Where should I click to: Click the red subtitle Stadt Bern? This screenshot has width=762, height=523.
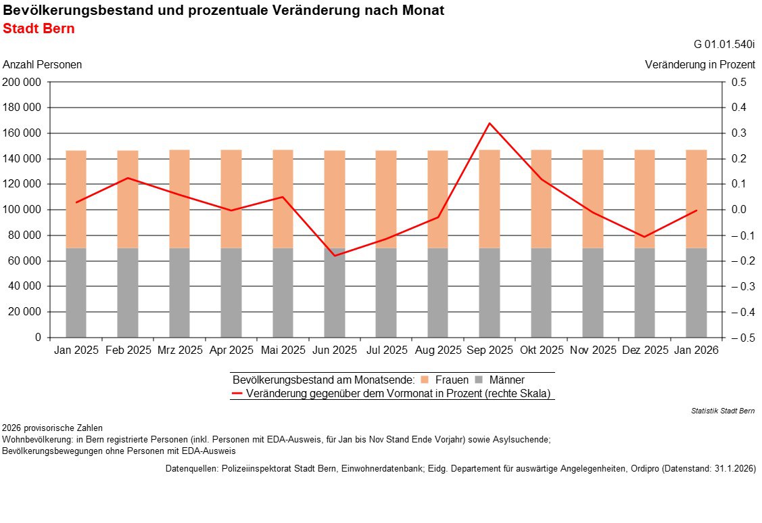pyautogui.click(x=39, y=29)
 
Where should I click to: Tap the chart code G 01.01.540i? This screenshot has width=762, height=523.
pyautogui.click(x=724, y=45)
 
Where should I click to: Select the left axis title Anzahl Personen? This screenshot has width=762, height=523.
pyautogui.click(x=43, y=65)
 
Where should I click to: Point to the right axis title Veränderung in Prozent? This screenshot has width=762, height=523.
pyautogui.click(x=700, y=65)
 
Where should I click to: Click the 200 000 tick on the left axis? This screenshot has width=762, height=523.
pyautogui.click(x=22, y=83)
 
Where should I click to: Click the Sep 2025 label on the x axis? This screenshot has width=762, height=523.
pyautogui.click(x=490, y=350)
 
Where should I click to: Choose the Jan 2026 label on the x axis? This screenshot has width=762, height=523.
pyautogui.click(x=696, y=350)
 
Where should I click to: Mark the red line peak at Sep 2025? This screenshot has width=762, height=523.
pyautogui.click(x=490, y=123)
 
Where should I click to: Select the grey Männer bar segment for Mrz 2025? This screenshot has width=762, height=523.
pyautogui.click(x=179, y=292)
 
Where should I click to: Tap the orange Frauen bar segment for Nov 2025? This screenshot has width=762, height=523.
pyautogui.click(x=593, y=199)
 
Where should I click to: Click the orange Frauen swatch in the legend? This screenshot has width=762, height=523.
pyautogui.click(x=424, y=380)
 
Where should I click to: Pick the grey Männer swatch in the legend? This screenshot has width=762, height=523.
pyautogui.click(x=478, y=380)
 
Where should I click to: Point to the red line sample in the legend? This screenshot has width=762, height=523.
pyautogui.click(x=237, y=393)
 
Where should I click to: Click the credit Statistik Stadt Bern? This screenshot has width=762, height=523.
pyautogui.click(x=723, y=411)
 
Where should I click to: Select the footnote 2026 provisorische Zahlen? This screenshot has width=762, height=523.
pyautogui.click(x=53, y=428)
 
